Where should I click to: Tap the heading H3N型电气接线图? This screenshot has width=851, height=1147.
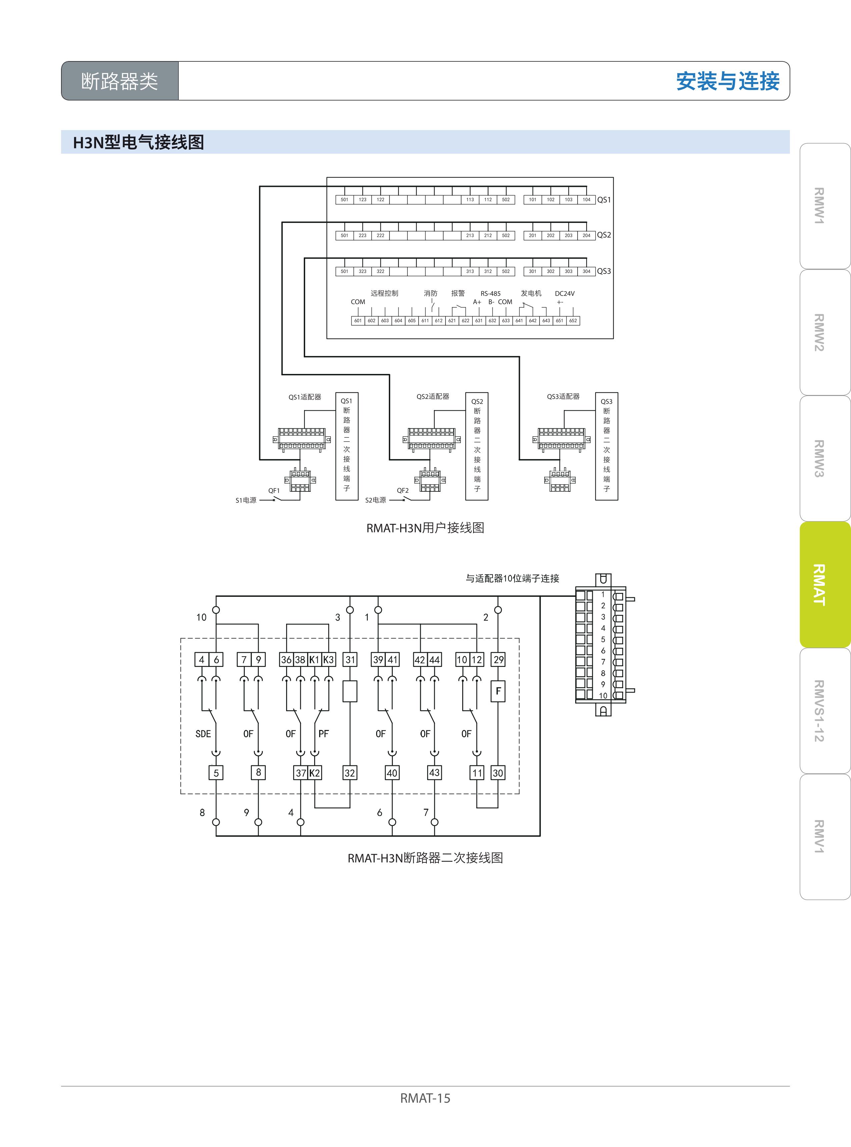tap(139, 142)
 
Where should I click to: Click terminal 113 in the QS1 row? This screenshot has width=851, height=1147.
tap(470, 200)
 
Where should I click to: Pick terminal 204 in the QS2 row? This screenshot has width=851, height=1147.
tap(586, 236)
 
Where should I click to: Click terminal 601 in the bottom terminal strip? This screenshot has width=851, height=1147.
tap(358, 321)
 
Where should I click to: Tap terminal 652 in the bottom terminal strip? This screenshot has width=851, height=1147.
tap(573, 321)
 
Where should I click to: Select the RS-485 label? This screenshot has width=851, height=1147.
tap(491, 294)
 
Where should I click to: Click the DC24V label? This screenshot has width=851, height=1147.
tap(565, 294)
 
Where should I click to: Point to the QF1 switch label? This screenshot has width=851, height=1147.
tap(274, 490)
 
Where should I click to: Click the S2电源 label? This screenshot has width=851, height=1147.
tap(375, 500)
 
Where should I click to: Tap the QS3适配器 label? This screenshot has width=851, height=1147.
tap(563, 396)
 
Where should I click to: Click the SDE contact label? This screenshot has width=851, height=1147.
tap(203, 734)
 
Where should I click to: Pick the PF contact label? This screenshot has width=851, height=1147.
tap(323, 734)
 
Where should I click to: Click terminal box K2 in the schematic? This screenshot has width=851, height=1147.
tap(315, 773)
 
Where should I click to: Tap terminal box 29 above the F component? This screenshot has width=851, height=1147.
tap(498, 660)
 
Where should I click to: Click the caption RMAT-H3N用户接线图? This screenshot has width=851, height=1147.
tap(425, 528)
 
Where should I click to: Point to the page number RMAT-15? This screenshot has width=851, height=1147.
tap(425, 1098)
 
